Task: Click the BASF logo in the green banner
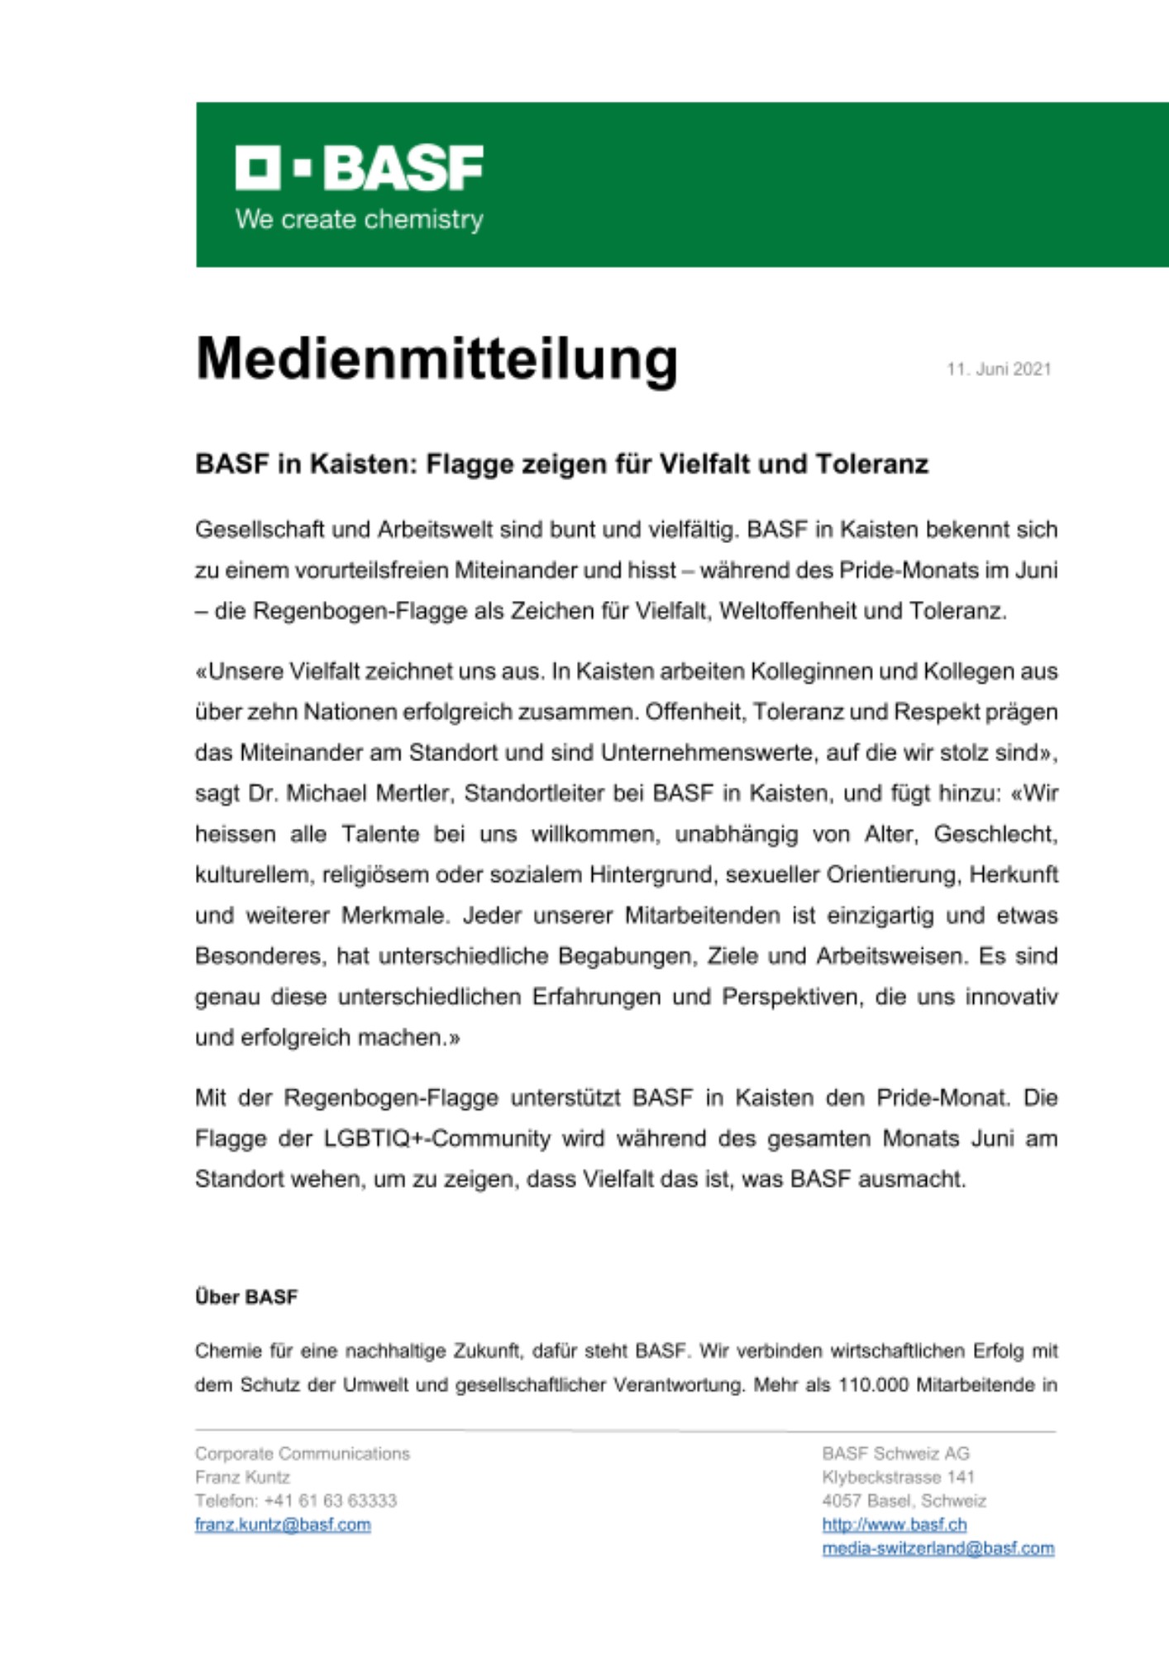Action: (x=359, y=168)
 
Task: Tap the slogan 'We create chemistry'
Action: (x=359, y=220)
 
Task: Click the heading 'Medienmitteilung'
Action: (x=437, y=360)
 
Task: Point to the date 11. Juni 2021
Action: (x=999, y=369)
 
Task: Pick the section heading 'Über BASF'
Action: (x=246, y=1297)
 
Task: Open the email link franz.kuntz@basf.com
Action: (x=283, y=1525)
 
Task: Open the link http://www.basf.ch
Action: (x=894, y=1525)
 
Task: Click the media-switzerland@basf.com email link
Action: (x=938, y=1548)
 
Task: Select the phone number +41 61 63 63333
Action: (x=330, y=1501)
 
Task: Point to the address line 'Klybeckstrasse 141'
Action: (x=898, y=1477)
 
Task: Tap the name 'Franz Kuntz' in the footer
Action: (x=242, y=1477)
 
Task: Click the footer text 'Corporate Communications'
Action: (x=302, y=1454)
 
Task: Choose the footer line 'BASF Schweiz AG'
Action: (x=895, y=1454)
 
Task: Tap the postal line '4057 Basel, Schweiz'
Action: (x=904, y=1501)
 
